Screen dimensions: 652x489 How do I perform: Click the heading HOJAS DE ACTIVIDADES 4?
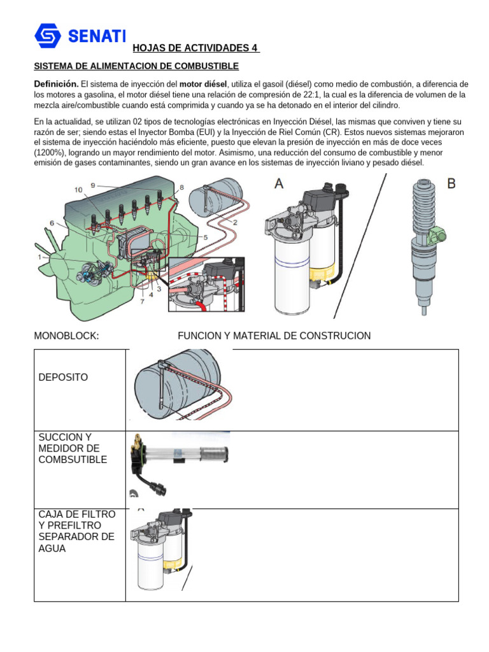point(195,48)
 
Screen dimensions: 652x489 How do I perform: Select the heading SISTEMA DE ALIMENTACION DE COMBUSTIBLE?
point(136,66)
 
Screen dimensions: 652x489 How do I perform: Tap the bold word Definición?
point(56,85)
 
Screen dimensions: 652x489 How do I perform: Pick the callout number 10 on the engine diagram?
point(78,190)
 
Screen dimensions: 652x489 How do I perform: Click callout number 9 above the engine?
point(93,185)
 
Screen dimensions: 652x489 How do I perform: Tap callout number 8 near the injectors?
point(181,188)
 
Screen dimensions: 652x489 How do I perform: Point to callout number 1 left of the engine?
point(40,257)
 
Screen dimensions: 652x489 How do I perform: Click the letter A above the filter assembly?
point(279,184)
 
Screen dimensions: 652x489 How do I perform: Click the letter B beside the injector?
point(451,183)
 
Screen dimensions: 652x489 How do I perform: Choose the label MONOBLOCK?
point(66,336)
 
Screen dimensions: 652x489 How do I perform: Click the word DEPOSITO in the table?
point(64,378)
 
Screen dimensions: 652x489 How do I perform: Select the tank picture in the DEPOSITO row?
point(178,385)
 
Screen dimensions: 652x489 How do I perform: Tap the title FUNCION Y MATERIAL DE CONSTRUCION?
point(274,336)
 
